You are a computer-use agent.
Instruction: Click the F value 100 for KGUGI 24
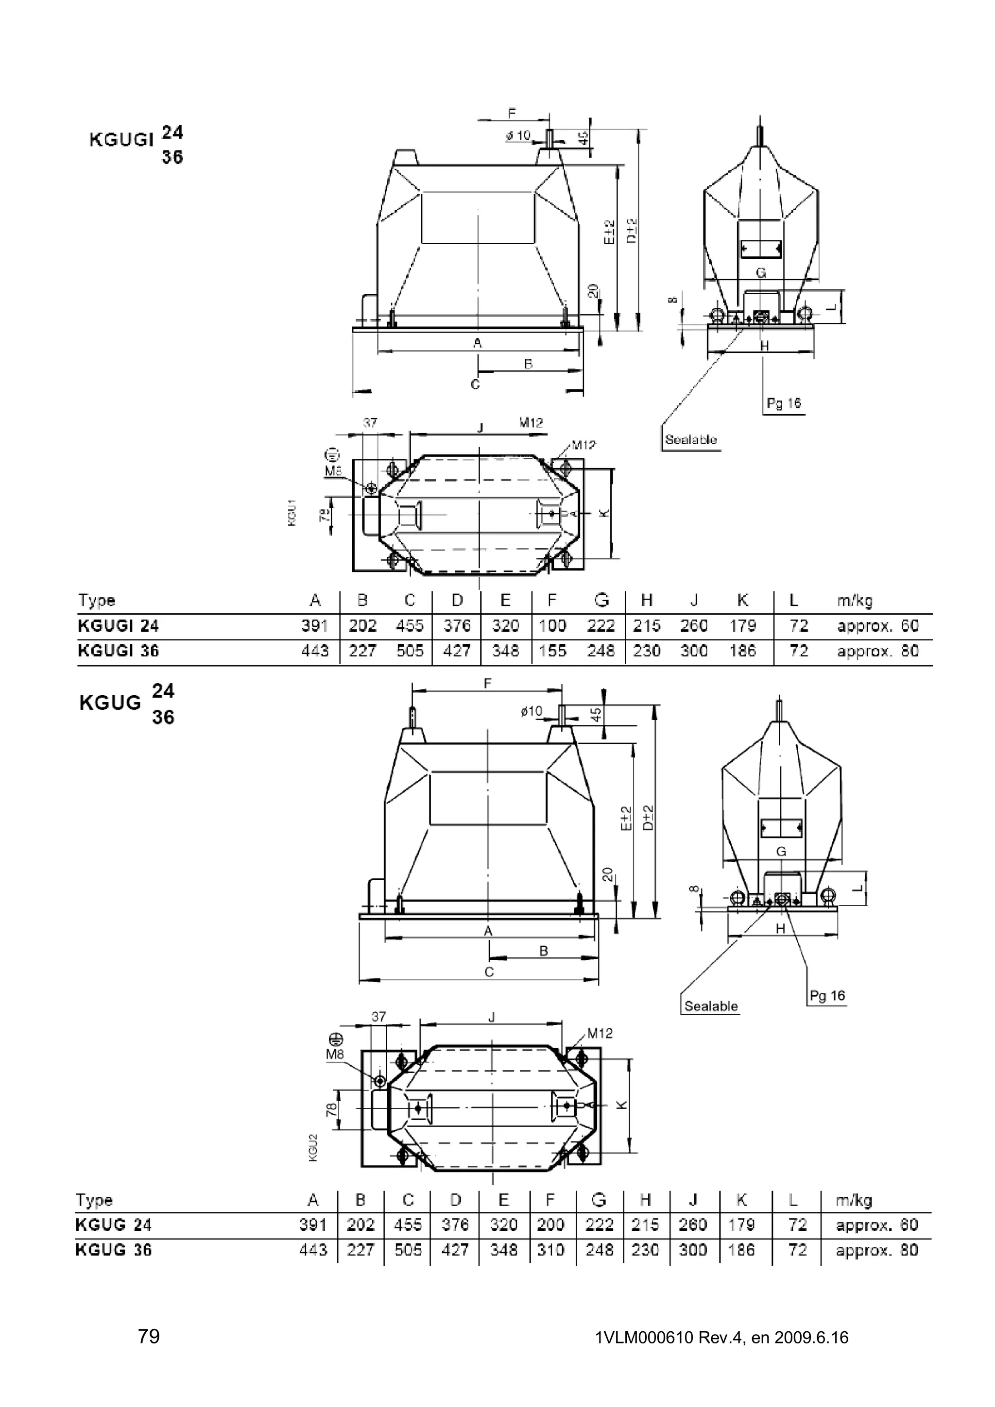tap(552, 626)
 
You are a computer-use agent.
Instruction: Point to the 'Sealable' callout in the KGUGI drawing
tap(690, 439)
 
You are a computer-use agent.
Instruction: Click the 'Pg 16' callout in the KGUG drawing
tap(827, 996)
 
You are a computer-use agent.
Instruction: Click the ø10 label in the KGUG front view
tap(531, 711)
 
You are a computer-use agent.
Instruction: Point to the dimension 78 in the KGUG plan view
tap(332, 1109)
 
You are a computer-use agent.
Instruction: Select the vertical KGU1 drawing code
tap(292, 512)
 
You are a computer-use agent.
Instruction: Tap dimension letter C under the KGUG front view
tap(489, 972)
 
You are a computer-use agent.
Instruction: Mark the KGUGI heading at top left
tap(121, 140)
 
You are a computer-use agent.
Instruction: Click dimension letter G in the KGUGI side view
tap(761, 273)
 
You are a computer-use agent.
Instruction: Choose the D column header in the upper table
tap(457, 601)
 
